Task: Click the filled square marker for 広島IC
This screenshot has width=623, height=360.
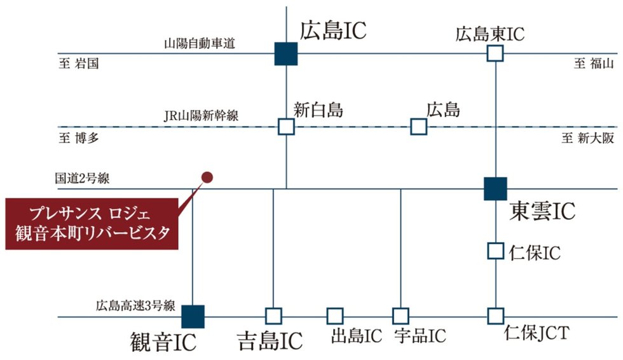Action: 286,53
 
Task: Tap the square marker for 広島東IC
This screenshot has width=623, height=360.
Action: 495,53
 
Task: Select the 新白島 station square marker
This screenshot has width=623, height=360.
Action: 286,127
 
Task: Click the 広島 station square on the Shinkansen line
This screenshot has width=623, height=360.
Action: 418,127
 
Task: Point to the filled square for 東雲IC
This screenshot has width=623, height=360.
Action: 495,188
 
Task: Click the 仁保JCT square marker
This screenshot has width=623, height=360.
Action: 495,316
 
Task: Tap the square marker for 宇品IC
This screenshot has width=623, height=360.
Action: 400,316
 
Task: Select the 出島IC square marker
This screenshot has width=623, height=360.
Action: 335,316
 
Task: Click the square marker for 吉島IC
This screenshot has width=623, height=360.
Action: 273,316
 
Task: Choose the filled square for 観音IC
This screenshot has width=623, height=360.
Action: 193,316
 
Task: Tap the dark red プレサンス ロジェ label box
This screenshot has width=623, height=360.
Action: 92,223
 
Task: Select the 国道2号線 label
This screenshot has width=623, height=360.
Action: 81,178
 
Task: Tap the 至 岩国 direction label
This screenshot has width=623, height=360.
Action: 79,64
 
